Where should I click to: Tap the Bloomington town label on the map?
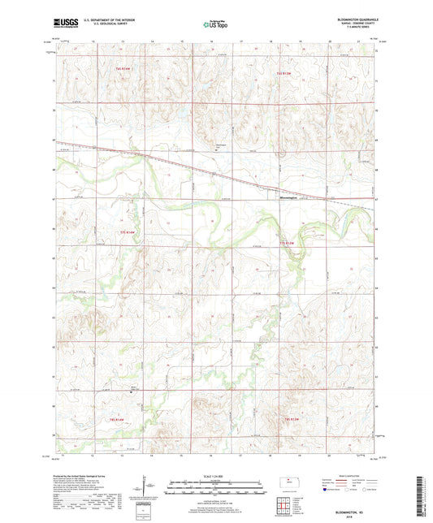283,197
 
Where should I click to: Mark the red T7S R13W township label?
287,242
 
